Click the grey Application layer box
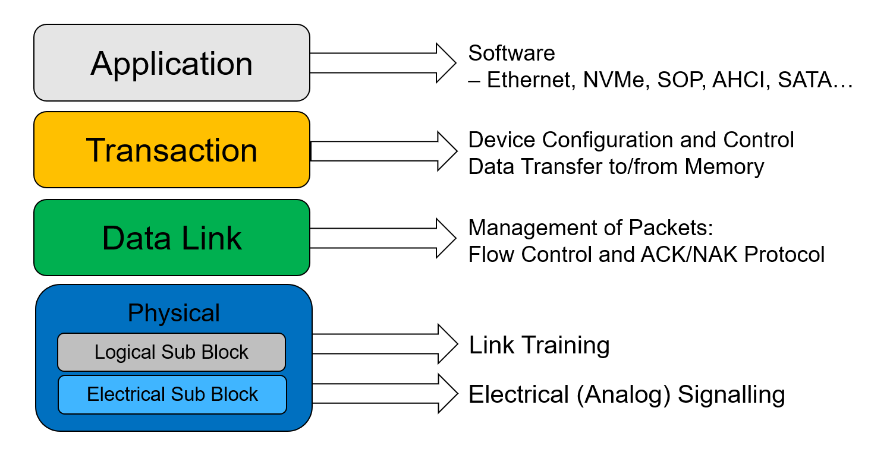(x=171, y=63)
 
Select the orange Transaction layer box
(x=171, y=150)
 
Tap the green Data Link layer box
(x=171, y=238)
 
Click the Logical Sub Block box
(x=171, y=352)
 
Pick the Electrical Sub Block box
(x=172, y=394)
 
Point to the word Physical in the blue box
(x=174, y=313)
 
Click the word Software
(x=511, y=53)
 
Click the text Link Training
(x=539, y=345)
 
